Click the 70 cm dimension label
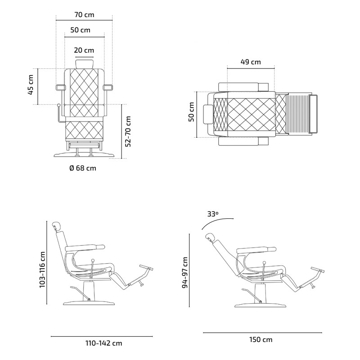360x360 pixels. (84, 14)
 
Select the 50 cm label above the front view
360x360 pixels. (80, 30)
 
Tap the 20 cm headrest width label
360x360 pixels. (84, 50)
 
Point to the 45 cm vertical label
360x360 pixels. (31, 85)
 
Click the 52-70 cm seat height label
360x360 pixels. (128, 131)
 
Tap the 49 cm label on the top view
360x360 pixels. (251, 62)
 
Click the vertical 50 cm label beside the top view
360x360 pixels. (191, 112)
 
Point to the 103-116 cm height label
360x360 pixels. (42, 269)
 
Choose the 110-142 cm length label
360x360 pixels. (104, 343)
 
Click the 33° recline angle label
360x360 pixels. (212, 214)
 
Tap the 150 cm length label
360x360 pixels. (261, 340)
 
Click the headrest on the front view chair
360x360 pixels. (84, 63)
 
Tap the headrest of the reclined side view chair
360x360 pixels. (210, 237)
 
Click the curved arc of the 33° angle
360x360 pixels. (220, 221)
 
